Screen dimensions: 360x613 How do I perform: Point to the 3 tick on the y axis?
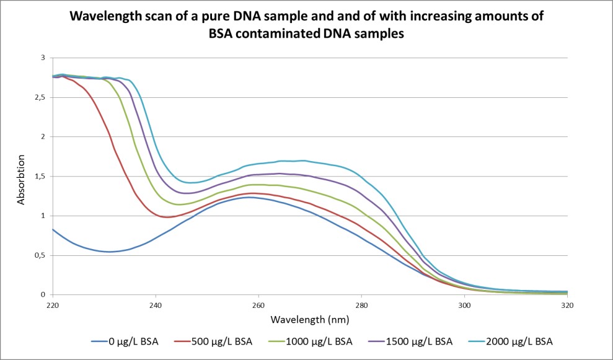[43, 58]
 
